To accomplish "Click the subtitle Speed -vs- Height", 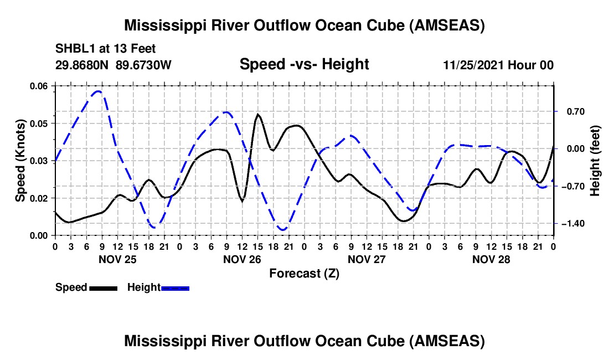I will coord(304,64).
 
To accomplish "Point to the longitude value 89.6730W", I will coord(144,65).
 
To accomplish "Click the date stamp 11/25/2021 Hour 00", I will coord(498,65).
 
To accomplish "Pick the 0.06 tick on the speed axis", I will coord(39,86).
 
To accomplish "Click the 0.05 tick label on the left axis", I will coord(39,123).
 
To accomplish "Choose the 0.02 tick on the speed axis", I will coord(39,198).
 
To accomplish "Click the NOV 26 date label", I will coord(242,259).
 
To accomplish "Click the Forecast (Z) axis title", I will coord(304,273).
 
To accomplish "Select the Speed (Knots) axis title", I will coord(20,161).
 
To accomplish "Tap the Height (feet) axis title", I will coord(595,161).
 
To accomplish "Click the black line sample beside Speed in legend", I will coord(102,288).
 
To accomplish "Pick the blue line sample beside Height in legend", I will coord(176,288).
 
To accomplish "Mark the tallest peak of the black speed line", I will coord(258,114).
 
